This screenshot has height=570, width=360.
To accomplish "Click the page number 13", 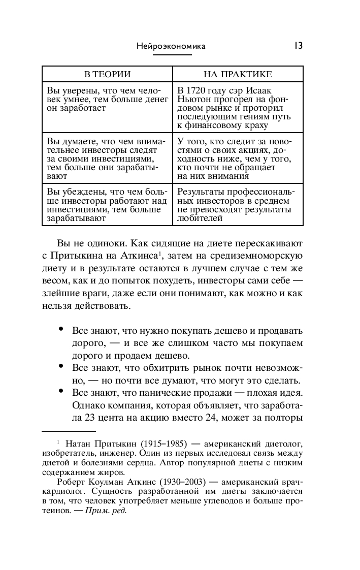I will (x=298, y=46).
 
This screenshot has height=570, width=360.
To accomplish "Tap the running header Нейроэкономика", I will (x=171, y=46).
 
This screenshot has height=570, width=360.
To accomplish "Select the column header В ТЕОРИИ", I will (x=107, y=74).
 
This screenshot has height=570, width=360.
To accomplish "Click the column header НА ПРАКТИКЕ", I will (x=238, y=74).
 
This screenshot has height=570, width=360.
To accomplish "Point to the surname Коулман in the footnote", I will (x=105, y=482).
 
